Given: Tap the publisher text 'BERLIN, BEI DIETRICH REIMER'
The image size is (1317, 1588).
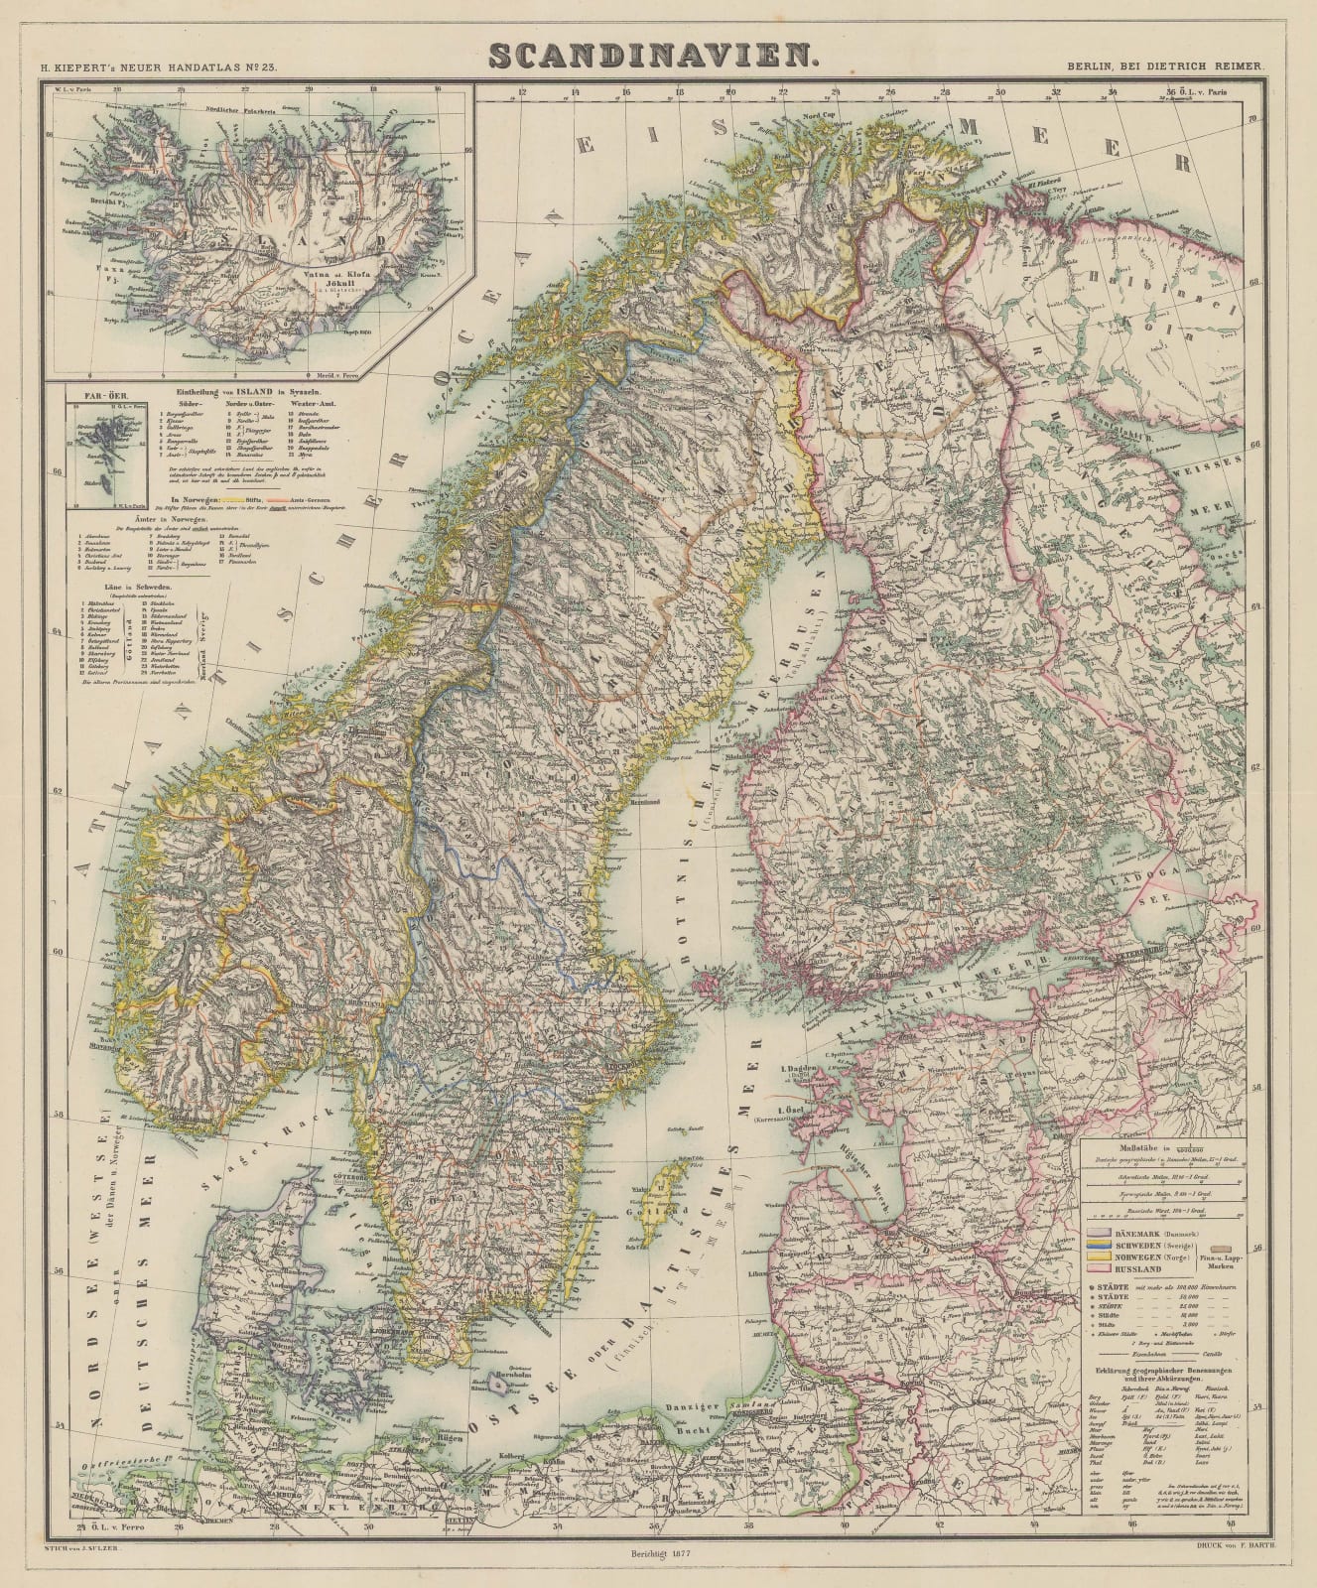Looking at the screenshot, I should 1164,66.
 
